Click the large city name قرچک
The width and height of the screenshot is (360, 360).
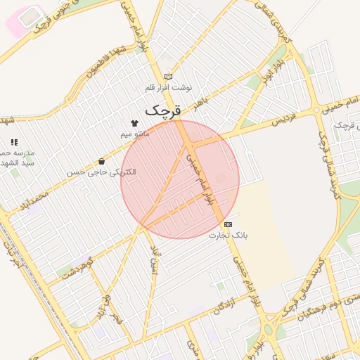click(x=163, y=110)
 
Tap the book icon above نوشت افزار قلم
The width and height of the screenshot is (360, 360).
click(x=168, y=77)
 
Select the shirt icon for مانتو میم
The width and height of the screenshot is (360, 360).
click(x=134, y=122)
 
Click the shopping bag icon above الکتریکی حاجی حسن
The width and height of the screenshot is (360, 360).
click(x=102, y=161)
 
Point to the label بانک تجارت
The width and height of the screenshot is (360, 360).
click(x=229, y=235)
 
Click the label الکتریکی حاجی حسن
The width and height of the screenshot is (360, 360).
click(x=102, y=172)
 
